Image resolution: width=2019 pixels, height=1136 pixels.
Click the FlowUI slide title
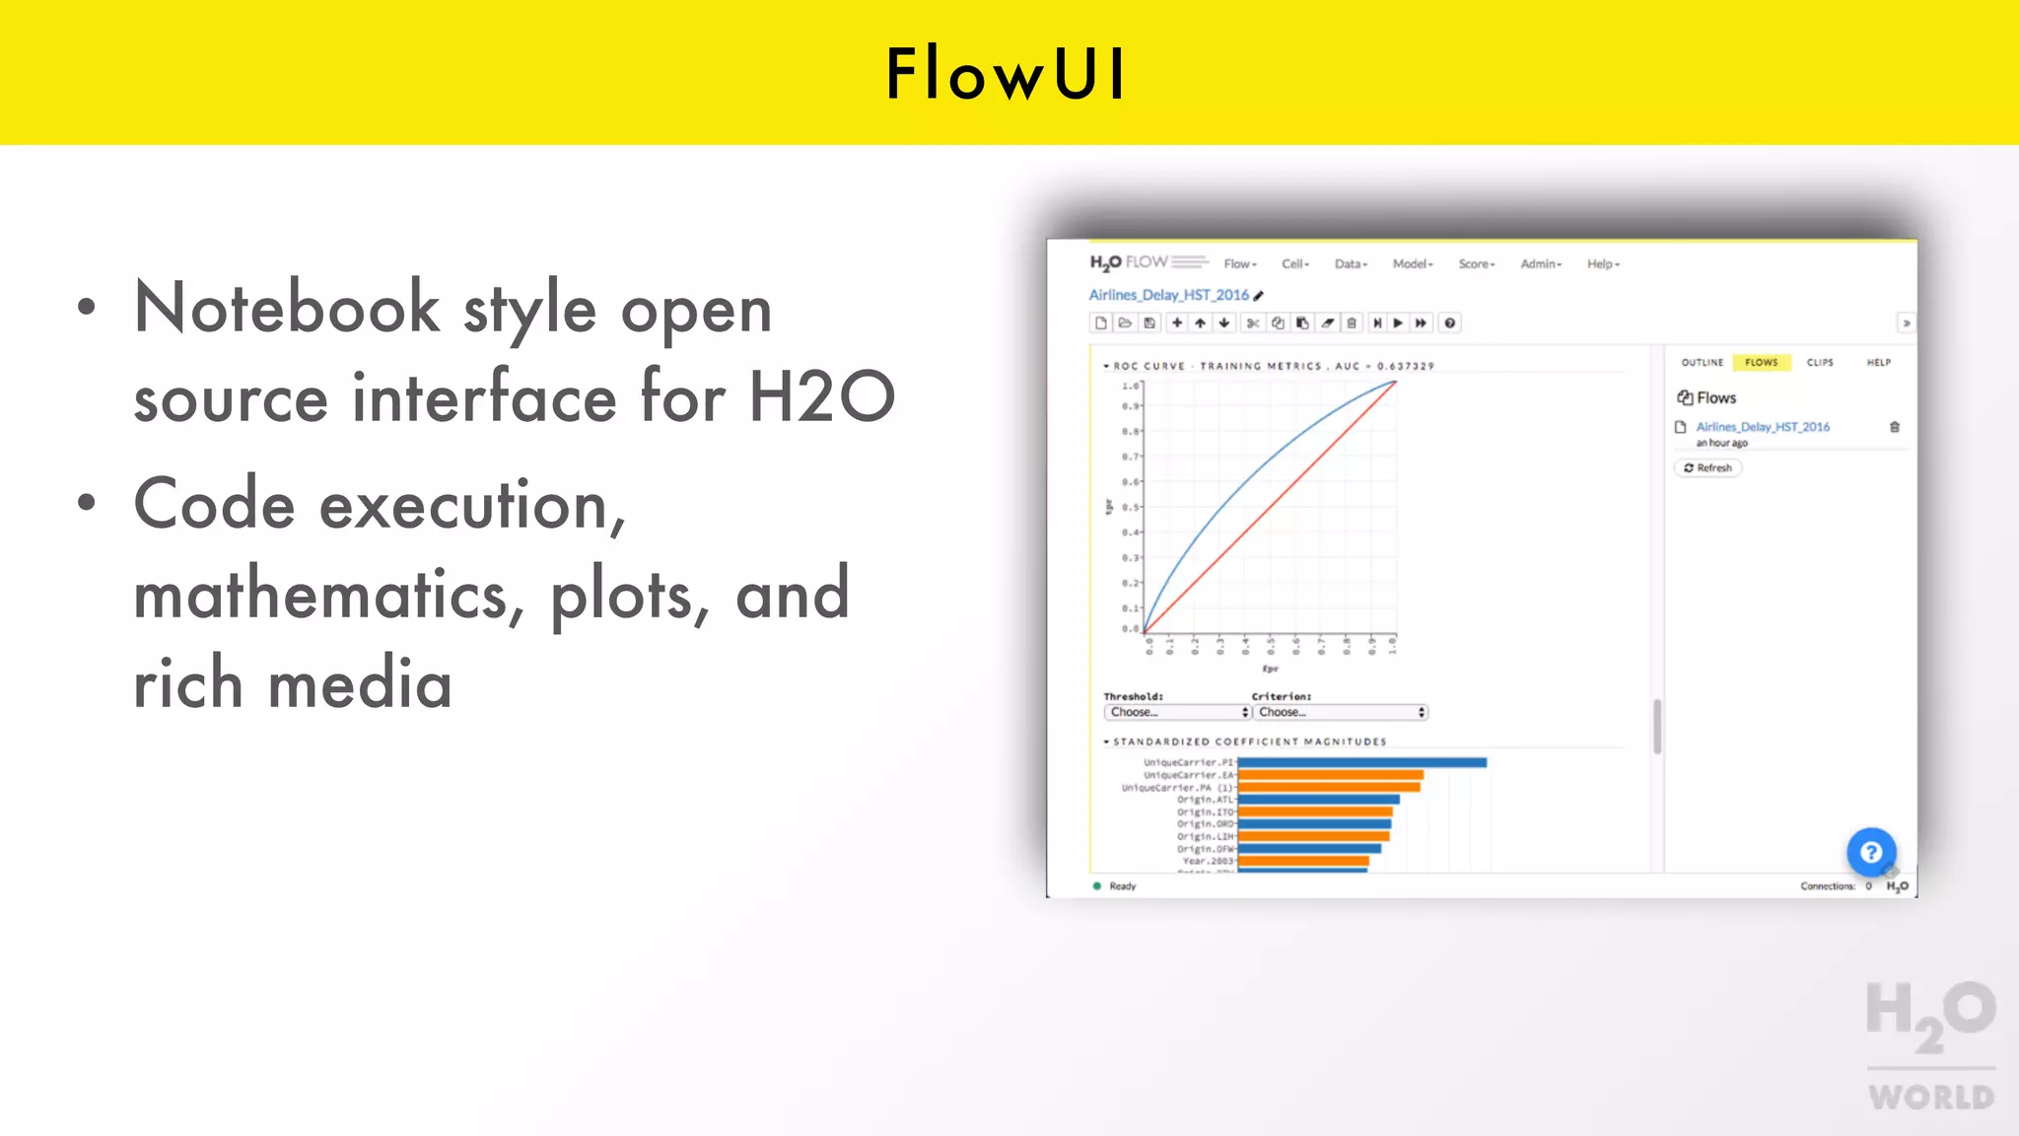pos(1007,74)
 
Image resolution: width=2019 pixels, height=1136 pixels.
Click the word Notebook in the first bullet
pos(287,309)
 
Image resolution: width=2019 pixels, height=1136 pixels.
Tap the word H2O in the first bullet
pos(821,397)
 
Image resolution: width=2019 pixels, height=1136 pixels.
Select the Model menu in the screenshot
pos(1412,264)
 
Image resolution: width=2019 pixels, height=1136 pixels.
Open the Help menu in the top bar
pos(1602,264)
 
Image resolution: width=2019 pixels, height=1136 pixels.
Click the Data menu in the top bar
pos(1350,264)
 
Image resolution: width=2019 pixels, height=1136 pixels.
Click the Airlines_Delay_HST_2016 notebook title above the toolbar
pos(1168,295)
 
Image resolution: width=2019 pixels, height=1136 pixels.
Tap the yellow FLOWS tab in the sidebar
pos(1761,363)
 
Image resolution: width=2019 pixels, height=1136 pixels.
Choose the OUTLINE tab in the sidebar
pos(1702,363)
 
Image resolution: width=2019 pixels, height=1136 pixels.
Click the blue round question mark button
pos(1871,853)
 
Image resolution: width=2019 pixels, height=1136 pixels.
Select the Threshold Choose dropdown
pos(1177,712)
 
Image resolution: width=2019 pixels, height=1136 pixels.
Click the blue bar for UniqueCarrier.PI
pos(1360,762)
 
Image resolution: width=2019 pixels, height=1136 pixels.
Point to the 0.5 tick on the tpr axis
pos(1130,508)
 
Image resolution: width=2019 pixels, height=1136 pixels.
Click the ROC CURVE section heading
pos(1149,366)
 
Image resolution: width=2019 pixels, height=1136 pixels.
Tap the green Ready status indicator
pos(1097,886)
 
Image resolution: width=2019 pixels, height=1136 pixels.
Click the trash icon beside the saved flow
pos(1894,427)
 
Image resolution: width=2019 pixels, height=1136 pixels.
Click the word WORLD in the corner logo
pos(1930,1098)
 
